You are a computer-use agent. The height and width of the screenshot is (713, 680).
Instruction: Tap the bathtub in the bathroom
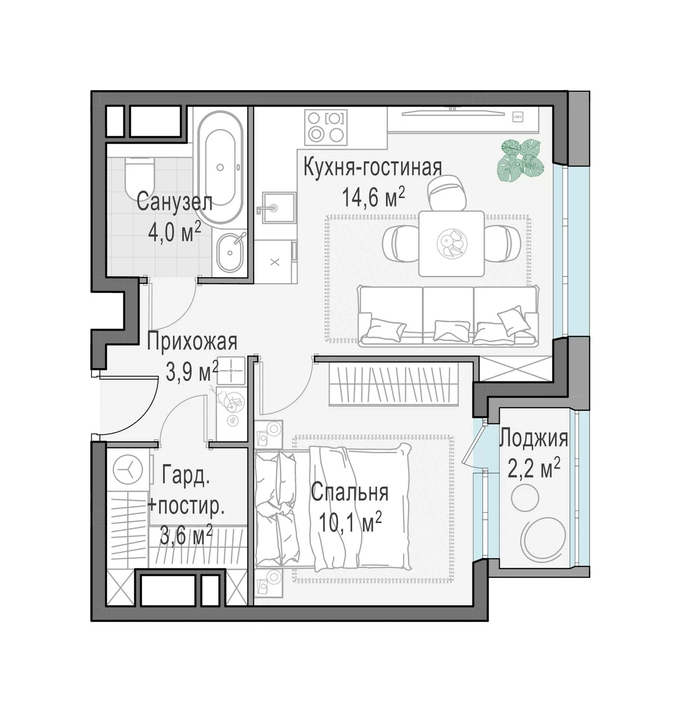pos(220,167)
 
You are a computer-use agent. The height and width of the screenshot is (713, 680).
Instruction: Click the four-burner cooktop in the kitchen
pos(326,127)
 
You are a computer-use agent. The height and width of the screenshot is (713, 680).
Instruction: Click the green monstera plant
pos(521,160)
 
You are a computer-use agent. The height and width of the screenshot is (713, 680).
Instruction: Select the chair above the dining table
pos(447,193)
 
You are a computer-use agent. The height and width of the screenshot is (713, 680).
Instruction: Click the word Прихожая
pos(192,342)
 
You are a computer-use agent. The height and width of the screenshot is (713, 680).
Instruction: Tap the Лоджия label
pos(533,438)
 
